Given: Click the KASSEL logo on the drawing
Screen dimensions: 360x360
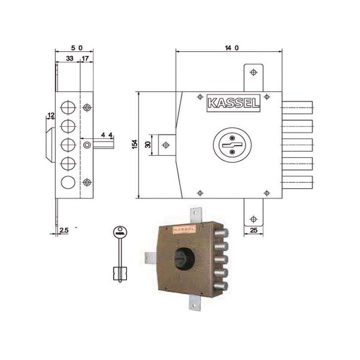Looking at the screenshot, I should click(x=233, y=103).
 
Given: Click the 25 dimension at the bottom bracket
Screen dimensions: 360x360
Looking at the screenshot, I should click(x=253, y=231).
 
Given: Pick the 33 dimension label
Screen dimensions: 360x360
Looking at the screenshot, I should click(x=70, y=58).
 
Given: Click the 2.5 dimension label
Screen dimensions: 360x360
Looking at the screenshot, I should click(x=63, y=230).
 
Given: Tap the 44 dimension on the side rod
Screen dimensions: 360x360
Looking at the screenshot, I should click(x=106, y=135).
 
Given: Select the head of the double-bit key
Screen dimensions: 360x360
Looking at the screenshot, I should click(x=119, y=233).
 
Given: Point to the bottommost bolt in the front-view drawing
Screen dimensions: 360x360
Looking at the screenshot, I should click(x=297, y=182).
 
